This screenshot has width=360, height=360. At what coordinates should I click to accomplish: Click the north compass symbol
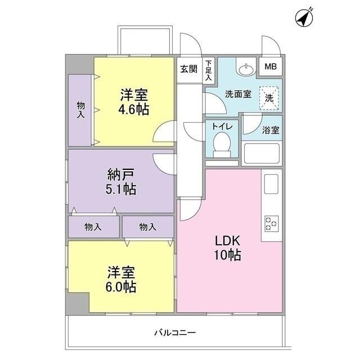coord(304,17)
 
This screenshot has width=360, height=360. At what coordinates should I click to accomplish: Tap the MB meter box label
coord(271,66)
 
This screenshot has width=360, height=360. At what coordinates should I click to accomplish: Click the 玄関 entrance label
coord(189,69)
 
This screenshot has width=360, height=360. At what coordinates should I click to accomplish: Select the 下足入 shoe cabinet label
coord(209,70)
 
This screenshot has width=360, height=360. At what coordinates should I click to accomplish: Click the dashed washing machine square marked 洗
coord(269,98)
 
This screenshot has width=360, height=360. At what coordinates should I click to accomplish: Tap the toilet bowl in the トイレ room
coord(222,145)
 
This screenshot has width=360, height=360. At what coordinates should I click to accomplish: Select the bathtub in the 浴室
coord(262,153)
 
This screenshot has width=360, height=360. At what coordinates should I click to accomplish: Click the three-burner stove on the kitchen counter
coord(271,224)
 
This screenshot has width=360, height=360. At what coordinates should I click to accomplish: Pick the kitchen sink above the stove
coord(271,184)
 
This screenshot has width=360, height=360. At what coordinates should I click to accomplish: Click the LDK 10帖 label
coord(227,248)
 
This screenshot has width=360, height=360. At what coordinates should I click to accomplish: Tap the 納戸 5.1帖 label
coord(121,182)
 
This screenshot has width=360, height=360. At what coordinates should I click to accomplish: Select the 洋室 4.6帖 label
coord(134,101)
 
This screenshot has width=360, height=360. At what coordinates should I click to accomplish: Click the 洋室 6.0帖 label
coord(121,279)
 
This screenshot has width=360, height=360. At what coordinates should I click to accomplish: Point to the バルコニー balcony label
coord(175,332)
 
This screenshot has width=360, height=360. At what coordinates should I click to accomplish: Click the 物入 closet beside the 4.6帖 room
coord(80,110)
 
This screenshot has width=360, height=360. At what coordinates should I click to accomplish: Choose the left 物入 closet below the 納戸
coord(94,227)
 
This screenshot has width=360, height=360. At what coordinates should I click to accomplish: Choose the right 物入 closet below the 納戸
coord(148,227)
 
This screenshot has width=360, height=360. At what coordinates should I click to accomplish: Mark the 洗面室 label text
coord(238,94)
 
